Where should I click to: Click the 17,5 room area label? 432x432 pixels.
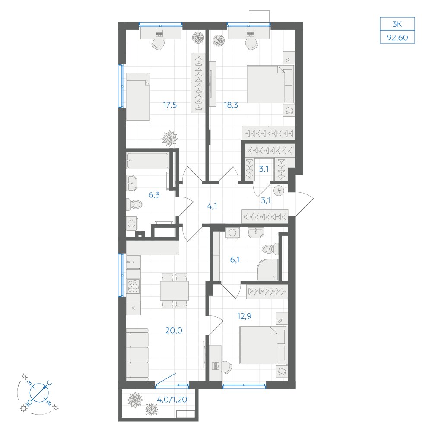tap(170, 105)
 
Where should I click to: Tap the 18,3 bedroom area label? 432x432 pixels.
tap(231, 105)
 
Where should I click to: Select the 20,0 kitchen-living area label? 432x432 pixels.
tap(174, 330)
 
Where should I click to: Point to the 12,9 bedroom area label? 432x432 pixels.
tap(245, 316)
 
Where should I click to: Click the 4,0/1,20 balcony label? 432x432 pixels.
tap(172, 399)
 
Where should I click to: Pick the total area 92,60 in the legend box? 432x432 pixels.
tap(397, 37)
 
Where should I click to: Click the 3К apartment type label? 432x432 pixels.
tap(397, 24)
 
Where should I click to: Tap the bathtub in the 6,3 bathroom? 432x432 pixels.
tap(147, 160)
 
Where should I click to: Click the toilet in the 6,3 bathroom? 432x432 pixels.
tap(134, 204)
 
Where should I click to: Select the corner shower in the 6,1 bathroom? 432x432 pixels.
tap(267, 270)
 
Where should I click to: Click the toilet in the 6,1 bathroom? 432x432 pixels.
tap(270, 249)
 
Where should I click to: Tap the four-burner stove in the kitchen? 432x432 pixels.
tap(133, 286)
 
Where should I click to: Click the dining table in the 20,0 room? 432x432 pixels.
tap(175, 291)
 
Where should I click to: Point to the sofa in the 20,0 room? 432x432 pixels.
tap(137, 355)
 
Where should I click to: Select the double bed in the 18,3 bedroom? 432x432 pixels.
tap(270, 84)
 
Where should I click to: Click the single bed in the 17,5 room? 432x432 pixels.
tap(138, 97)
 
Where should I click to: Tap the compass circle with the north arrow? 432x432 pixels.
tap(39, 392)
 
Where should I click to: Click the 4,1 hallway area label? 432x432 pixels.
tap(212, 206)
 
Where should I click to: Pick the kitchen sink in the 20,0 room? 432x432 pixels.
tap(133, 262)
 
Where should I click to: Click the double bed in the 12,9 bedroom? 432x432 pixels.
tap(263, 345)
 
